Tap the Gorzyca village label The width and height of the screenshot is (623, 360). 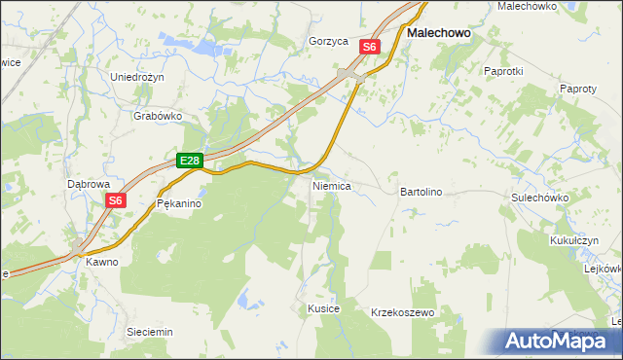[x=328, y=42]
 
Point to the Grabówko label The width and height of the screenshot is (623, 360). [x=158, y=115]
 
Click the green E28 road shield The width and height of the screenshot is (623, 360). [x=190, y=161]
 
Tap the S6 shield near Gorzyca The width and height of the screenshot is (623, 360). [x=369, y=46]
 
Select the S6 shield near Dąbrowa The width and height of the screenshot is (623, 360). [x=116, y=200]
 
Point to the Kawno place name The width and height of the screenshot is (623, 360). [x=101, y=262]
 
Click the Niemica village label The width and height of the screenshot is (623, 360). [x=331, y=185]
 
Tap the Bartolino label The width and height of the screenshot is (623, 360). [x=421, y=192]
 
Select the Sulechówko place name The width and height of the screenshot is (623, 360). [x=539, y=197]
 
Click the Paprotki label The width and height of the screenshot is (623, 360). [x=503, y=71]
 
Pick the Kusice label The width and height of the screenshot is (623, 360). [x=323, y=308]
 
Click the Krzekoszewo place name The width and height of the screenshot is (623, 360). [x=402, y=312]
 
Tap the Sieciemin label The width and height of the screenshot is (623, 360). [x=150, y=332]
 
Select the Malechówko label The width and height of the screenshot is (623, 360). [x=527, y=6]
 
